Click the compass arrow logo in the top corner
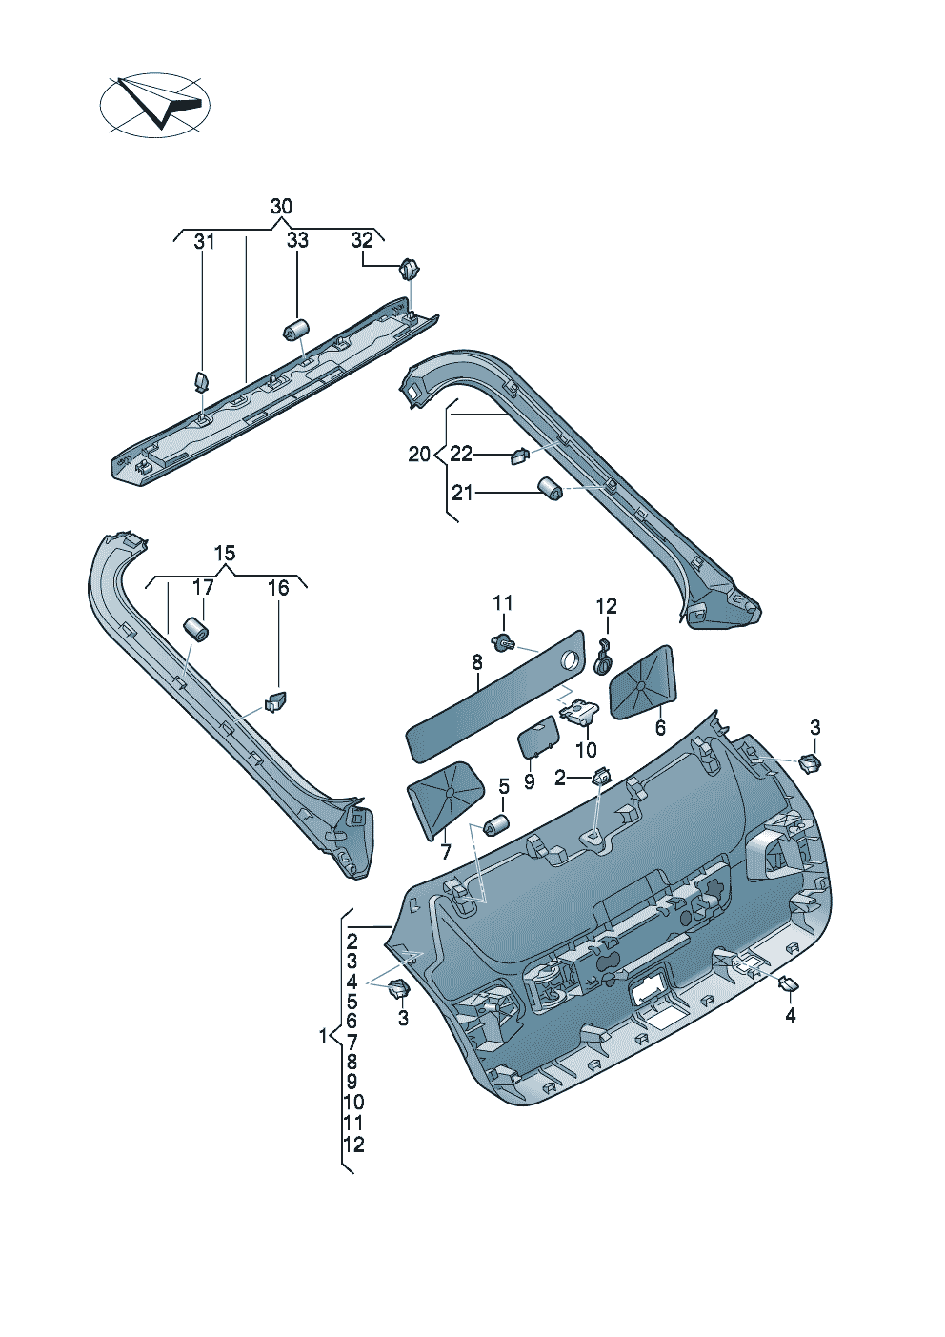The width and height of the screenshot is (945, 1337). (x=154, y=103)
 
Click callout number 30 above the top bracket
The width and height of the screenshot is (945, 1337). (x=281, y=207)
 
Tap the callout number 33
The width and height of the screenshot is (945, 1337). (x=297, y=240)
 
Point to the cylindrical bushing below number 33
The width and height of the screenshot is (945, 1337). (x=297, y=330)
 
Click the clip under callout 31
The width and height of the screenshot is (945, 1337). (x=202, y=381)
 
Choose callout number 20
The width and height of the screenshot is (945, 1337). (x=419, y=455)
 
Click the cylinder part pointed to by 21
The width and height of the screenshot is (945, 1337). (x=550, y=489)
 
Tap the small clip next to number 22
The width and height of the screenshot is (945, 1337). (x=518, y=456)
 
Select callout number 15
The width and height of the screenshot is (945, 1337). (x=224, y=554)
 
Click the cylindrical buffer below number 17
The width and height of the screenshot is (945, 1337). (x=195, y=630)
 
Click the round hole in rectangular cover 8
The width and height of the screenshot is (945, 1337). (x=571, y=658)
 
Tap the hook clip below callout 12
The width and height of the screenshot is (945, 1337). (x=603, y=658)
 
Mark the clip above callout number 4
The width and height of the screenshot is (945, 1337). (x=789, y=984)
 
